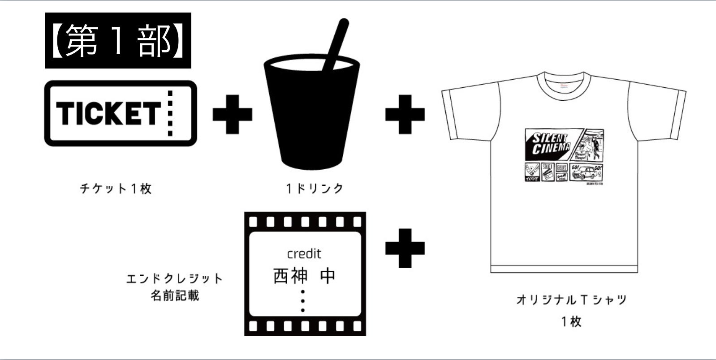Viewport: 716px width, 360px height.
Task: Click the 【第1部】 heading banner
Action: pos(118,41)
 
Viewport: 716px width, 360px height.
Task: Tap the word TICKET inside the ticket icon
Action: pos(108,113)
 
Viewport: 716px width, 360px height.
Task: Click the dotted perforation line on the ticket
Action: pos(170,113)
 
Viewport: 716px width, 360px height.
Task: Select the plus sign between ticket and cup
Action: pos(232,114)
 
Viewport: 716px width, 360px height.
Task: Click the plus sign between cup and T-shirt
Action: pos(405,114)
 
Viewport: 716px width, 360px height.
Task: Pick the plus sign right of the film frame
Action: pos(405,248)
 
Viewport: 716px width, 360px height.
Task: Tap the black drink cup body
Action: pos(312,116)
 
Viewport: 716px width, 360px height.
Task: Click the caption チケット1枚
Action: pos(116,189)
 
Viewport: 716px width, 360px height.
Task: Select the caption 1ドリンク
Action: pos(315,189)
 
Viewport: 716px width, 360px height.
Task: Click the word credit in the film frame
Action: pos(304,254)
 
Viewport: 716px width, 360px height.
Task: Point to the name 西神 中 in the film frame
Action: pos(304,276)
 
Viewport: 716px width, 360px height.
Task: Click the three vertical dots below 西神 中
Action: pos(303,301)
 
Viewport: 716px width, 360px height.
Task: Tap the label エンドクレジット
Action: pos(174,279)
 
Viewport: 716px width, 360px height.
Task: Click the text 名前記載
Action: pos(174,296)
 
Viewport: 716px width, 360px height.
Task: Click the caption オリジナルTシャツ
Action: pos(571,300)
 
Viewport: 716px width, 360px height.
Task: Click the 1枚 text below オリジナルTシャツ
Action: pos(571,321)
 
